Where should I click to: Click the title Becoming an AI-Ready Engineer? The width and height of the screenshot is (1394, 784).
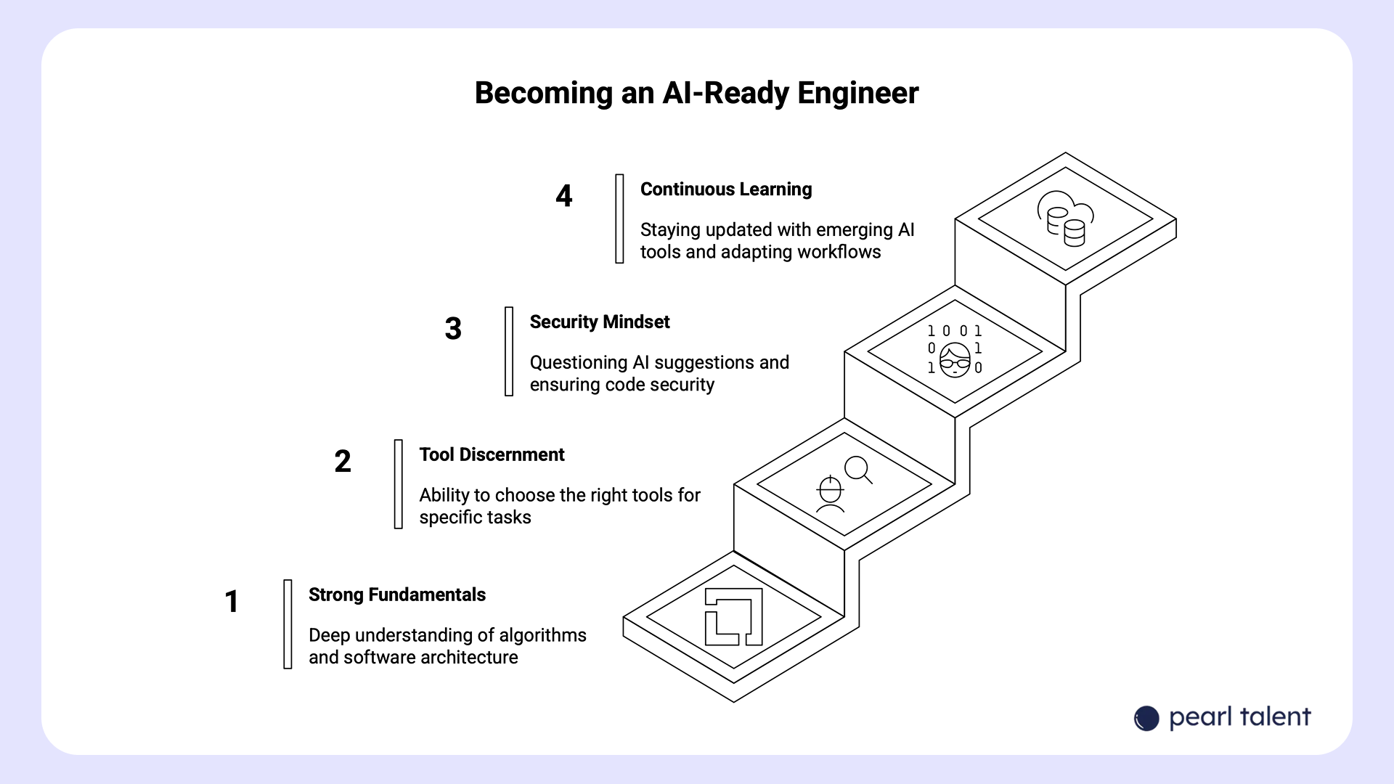coord(696,93)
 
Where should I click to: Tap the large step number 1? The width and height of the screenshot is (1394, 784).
coord(232,601)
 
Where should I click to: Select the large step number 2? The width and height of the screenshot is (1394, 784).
coord(343,462)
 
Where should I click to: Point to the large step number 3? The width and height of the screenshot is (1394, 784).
coord(453,329)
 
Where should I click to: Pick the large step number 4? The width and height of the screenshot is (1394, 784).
coord(564,196)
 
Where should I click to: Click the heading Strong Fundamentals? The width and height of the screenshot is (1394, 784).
coord(396,595)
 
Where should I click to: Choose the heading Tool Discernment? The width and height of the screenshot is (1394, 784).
coord(492,454)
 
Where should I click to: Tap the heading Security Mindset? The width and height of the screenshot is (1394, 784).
coord(599,322)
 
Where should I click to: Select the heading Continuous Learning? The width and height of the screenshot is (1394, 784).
coord(725,189)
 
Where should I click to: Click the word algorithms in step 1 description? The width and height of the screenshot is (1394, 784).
coord(544,635)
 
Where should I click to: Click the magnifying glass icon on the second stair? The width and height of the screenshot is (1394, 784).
coord(858,470)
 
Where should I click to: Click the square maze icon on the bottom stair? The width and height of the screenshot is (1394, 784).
coord(733,616)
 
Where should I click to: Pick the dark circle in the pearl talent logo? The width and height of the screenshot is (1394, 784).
coord(1146,719)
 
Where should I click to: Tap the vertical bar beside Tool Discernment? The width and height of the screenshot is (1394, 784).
coord(398,484)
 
